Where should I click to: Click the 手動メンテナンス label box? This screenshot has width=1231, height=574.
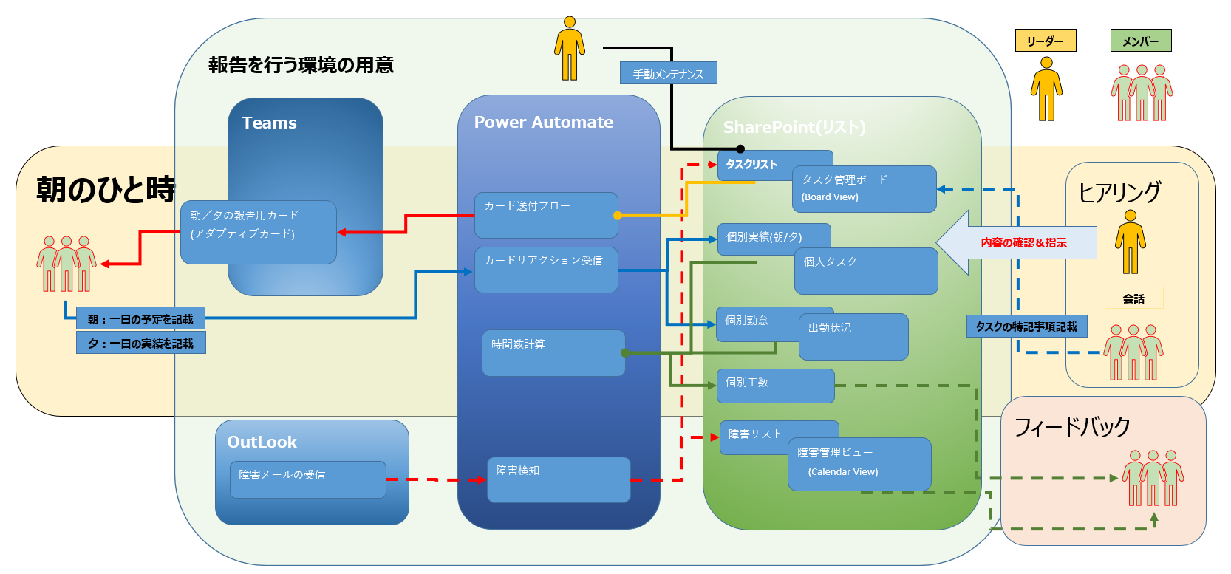coord(668,73)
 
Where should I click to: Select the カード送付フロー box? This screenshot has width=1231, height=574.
coord(546,215)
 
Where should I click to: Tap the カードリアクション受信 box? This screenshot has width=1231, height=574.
coord(546,270)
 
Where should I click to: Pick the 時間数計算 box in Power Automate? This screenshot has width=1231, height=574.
coord(553,353)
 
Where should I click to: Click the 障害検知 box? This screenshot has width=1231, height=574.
coord(559,479)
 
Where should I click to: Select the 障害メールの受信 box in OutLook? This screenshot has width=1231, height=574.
coord(307,479)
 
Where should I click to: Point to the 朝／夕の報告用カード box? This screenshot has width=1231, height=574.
coord(259,233)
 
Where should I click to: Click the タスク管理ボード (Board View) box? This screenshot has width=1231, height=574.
coord(865,189)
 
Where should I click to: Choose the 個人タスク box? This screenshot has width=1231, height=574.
coord(866,271)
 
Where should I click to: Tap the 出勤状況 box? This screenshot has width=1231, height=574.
coord(853,337)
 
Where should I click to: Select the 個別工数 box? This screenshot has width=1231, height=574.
coord(776,386)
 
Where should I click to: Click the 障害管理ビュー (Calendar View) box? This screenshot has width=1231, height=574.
coord(859,464)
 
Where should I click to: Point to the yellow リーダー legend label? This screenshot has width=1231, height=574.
coord(1046,41)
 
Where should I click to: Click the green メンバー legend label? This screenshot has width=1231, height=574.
coord(1141,41)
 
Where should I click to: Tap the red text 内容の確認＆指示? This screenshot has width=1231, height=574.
coord(1024,243)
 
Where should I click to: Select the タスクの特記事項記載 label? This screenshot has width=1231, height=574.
coord(1026,327)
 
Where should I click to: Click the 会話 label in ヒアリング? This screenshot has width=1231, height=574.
coord(1133,298)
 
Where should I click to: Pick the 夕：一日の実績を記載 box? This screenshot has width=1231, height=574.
coord(140,343)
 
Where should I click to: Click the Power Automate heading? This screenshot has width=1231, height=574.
coord(544,122)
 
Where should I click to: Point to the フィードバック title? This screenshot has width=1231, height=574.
coord(1071,427)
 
